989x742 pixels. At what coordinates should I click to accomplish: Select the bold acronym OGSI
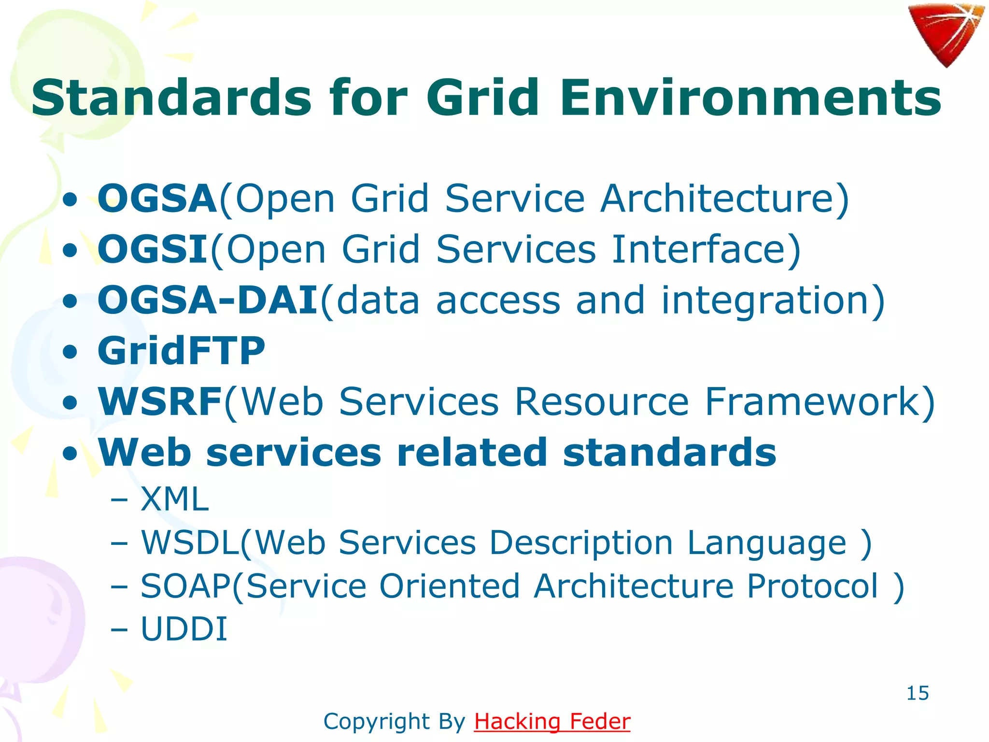(x=152, y=249)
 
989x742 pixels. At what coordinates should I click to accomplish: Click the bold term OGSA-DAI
(x=208, y=300)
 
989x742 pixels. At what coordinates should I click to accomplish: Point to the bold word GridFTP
(x=181, y=351)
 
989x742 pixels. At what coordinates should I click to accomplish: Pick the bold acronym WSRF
(x=160, y=401)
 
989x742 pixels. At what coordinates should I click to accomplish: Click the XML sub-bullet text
(x=174, y=499)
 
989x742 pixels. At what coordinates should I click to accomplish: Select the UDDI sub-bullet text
(x=184, y=629)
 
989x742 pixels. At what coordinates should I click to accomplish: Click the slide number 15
(x=917, y=693)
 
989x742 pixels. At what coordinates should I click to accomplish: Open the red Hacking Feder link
(x=552, y=722)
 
